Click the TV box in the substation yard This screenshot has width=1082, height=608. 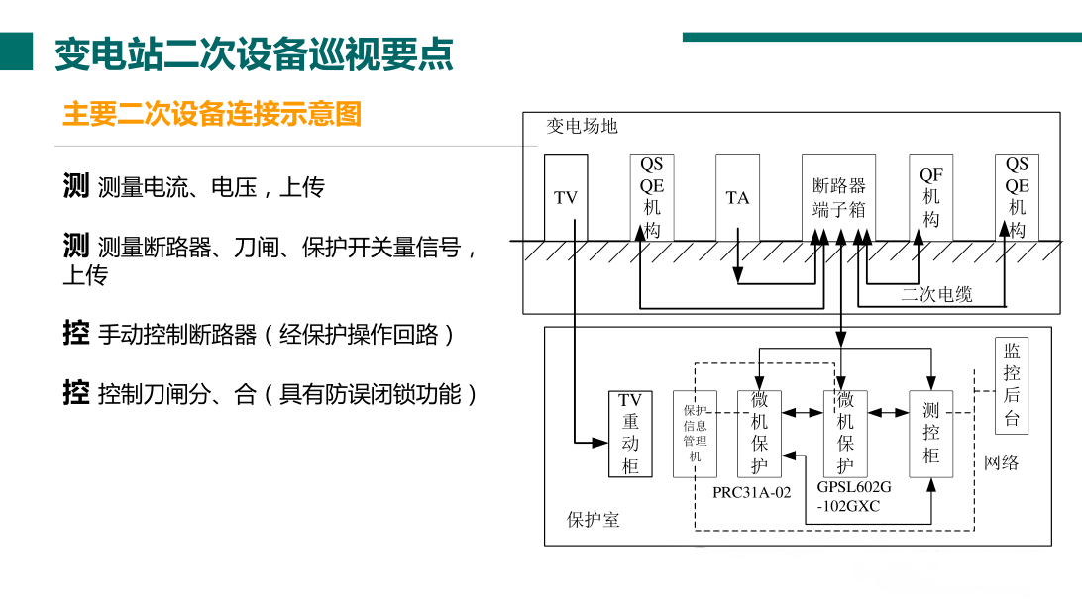pos(565,198)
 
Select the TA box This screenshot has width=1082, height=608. pos(737,198)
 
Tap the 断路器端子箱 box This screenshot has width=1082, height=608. pos(838,198)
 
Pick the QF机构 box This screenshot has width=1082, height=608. pos(930,198)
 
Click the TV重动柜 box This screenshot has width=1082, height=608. pos(630,434)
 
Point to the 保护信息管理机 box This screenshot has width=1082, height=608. pos(695,434)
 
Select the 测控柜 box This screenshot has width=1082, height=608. pos(930,434)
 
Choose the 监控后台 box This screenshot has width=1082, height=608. pos(1011,384)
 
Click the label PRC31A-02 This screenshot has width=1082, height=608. pos(751,492)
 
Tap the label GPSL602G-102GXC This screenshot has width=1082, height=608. pos(854,497)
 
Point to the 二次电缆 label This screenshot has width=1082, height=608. pos(936,294)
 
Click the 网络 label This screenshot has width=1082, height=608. pos(1001,462)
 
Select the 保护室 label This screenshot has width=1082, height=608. pos(594,520)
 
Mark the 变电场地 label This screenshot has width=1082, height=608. pos(582,126)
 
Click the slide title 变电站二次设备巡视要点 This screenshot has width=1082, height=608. pos(254,53)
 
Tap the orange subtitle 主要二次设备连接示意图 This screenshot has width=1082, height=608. pos(212,114)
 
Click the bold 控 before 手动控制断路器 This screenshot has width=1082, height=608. pos(75,333)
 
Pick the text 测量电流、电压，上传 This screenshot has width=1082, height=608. pos(211,187)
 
